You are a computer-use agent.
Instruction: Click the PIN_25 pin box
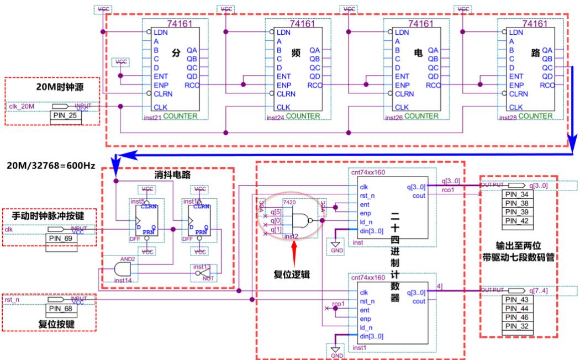[65, 117]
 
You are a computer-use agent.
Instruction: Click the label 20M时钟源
[53, 87]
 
